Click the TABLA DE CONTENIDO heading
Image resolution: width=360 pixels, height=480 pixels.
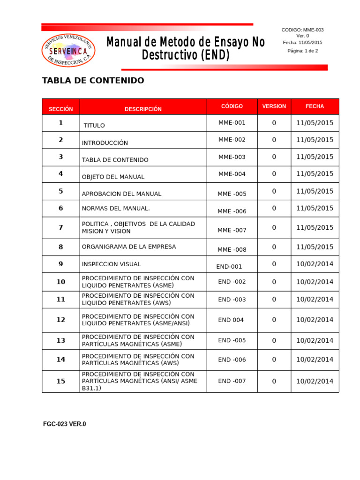click(x=93, y=81)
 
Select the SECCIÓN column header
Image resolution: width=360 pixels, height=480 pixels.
click(x=61, y=109)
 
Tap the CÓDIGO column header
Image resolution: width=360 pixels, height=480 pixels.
click(x=232, y=106)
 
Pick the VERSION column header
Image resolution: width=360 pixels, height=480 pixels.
click(x=274, y=106)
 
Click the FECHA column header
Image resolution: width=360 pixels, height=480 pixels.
click(x=315, y=106)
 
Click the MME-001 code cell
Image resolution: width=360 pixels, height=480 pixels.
click(x=232, y=123)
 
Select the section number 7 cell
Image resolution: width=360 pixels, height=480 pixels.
click(x=61, y=228)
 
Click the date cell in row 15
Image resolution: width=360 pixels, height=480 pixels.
click(x=315, y=381)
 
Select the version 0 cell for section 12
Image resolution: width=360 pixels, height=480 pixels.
click(x=274, y=320)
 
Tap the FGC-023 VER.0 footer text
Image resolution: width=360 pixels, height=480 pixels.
click(x=65, y=424)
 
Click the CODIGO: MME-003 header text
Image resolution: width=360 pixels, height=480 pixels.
click(x=302, y=30)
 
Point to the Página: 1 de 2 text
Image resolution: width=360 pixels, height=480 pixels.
click(x=302, y=51)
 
